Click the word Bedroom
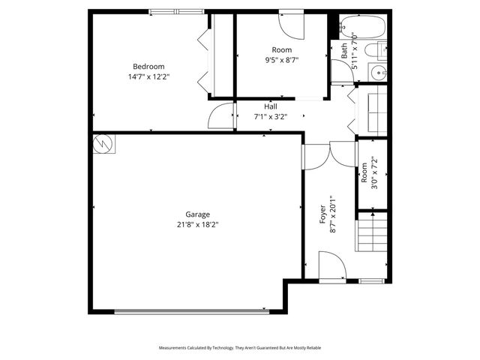pyautogui.click(x=148, y=66)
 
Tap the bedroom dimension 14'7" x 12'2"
pyautogui.click(x=148, y=76)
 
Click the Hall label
pyautogui.click(x=270, y=106)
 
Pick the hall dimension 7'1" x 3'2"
pyautogui.click(x=270, y=116)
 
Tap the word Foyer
pyautogui.click(x=323, y=214)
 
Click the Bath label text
pyautogui.click(x=345, y=50)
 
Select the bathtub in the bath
pyautogui.click(x=362, y=28)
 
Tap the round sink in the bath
pyautogui.click(x=379, y=73)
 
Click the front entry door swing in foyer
pyautogui.click(x=331, y=267)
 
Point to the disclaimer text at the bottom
pyautogui.click(x=239, y=348)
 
